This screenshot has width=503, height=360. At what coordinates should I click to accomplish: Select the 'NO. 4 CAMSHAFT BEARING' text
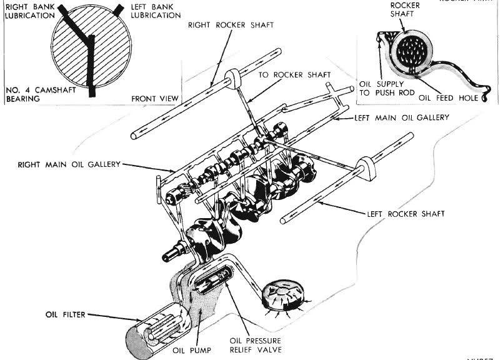(x=31, y=94)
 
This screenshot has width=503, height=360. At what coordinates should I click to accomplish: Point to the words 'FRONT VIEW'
(x=155, y=99)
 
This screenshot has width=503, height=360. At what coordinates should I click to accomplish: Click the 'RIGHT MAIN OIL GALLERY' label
(x=69, y=164)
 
